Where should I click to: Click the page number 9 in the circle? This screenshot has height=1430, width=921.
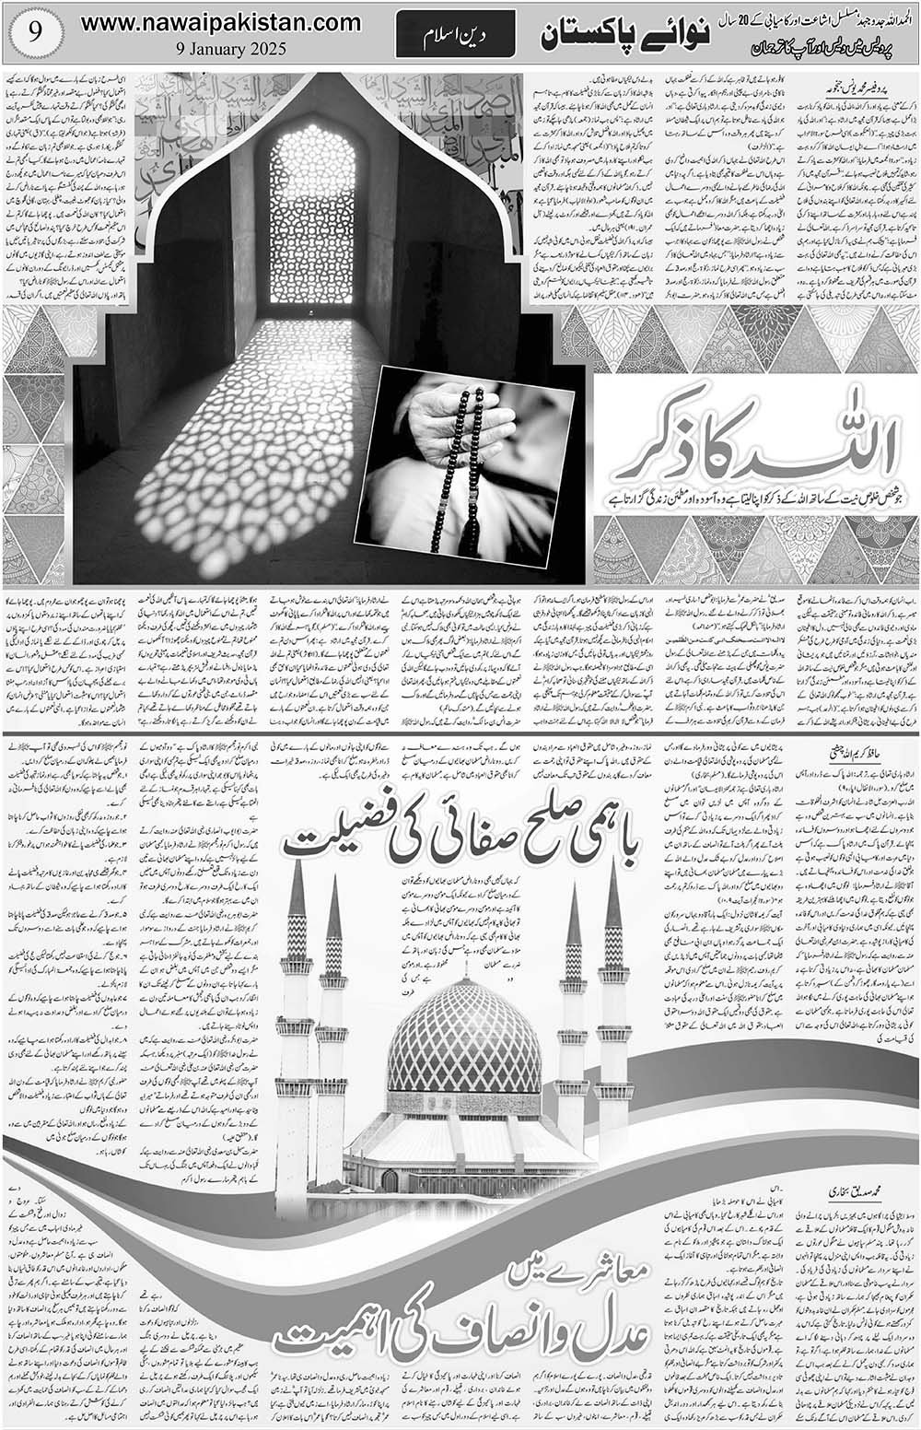click(30, 32)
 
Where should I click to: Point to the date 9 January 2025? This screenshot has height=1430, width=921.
click(222, 51)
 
